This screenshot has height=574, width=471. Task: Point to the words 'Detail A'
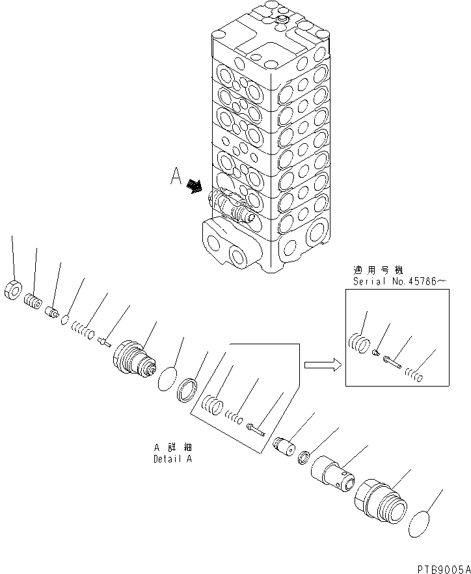(x=172, y=458)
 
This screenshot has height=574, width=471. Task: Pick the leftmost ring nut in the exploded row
(x=12, y=290)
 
